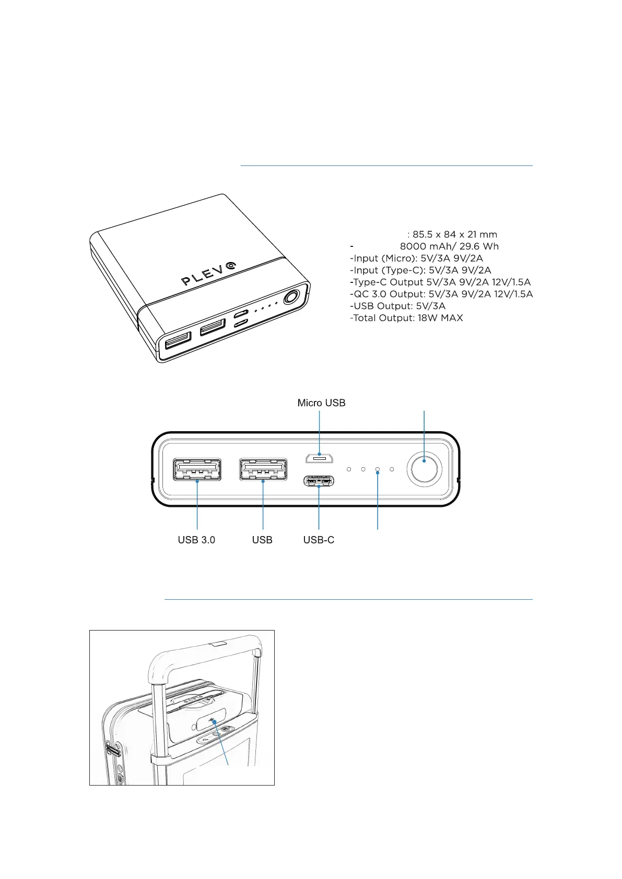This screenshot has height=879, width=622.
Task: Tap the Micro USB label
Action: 321,403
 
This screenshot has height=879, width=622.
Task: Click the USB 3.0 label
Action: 196,540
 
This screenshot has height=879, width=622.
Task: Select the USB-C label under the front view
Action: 319,540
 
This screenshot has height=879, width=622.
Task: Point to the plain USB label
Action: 262,540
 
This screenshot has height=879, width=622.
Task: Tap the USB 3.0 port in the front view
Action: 197,469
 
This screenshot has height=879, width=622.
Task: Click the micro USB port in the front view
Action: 319,458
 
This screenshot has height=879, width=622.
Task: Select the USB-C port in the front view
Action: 319,480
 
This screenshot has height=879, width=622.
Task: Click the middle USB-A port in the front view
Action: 263,469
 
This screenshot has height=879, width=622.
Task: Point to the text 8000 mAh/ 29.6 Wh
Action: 449,246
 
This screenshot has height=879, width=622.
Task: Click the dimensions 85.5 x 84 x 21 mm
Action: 454,234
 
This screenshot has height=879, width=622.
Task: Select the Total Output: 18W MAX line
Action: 406,318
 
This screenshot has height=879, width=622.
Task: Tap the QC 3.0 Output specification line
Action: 441,294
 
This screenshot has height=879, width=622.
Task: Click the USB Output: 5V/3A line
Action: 397,306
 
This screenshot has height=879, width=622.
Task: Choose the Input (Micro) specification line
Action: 416,258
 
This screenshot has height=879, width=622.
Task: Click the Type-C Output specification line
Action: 440,282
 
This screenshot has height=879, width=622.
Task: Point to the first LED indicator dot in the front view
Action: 349,469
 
